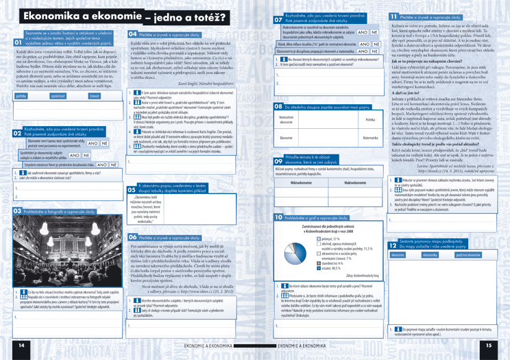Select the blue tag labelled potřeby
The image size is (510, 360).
pos(23,96)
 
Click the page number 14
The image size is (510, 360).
pos(22,346)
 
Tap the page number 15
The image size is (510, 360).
pos(488,346)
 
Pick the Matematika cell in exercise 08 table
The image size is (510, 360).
pos(371,138)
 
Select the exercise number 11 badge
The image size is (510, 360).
pos(395,16)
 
